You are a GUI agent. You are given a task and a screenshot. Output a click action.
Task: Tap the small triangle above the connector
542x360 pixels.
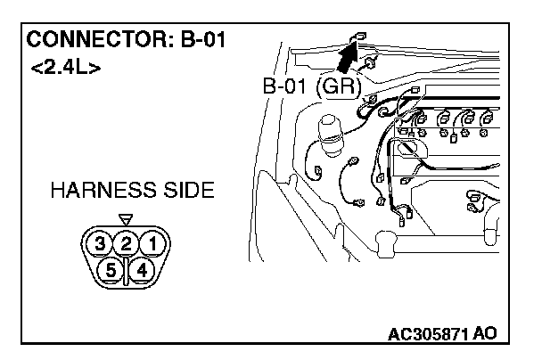(x=126, y=217)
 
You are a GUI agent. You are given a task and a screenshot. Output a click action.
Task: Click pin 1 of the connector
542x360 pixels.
(x=153, y=242)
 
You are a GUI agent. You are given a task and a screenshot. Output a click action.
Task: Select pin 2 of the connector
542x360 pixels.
(x=127, y=242)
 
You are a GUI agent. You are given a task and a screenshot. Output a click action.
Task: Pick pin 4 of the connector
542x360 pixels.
(x=144, y=267)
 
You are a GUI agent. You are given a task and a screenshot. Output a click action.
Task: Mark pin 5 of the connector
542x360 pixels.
(x=111, y=267)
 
